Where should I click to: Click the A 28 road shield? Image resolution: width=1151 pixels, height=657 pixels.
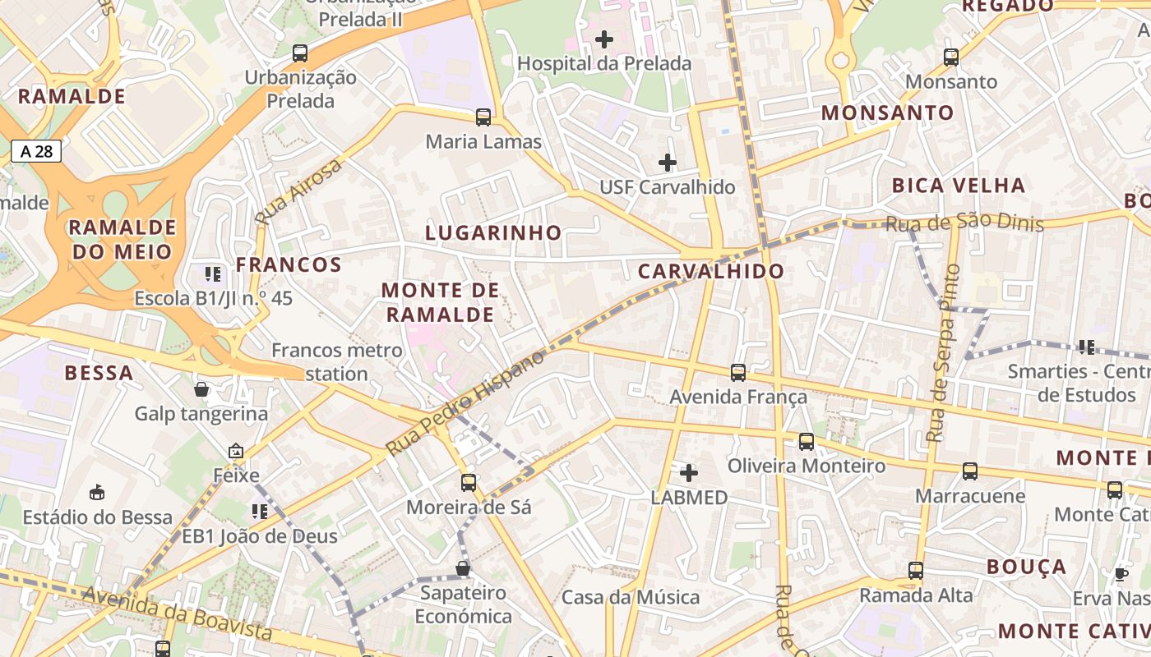(x=36, y=150)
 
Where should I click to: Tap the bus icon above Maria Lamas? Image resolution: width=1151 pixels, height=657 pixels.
(x=483, y=117)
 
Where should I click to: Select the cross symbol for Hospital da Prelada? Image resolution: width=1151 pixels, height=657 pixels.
(x=604, y=39)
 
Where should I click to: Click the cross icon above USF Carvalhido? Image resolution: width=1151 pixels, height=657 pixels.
(x=668, y=163)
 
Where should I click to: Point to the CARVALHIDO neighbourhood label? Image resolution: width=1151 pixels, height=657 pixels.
(x=711, y=271)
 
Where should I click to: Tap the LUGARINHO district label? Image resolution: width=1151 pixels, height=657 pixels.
(x=493, y=232)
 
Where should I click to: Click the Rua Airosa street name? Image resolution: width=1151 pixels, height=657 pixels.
(x=298, y=193)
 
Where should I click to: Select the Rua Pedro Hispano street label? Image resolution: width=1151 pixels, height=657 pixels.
(x=465, y=403)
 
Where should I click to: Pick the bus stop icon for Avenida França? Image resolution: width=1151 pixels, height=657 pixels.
(x=738, y=373)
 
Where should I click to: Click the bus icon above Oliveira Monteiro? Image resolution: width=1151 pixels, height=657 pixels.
(x=807, y=442)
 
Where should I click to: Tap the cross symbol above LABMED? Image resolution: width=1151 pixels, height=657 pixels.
(x=689, y=473)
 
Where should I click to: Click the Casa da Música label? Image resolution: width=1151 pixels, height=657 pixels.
(x=631, y=597)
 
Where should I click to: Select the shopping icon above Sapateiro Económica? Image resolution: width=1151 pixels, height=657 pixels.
(x=463, y=568)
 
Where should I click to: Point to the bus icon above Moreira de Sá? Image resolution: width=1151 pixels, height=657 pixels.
(x=469, y=483)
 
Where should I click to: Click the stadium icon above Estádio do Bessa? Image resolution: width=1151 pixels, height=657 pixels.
(x=97, y=493)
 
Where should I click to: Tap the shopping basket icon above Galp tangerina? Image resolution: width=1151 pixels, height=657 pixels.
(x=201, y=389)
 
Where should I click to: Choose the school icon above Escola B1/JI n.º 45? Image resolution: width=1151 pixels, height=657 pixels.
(x=213, y=274)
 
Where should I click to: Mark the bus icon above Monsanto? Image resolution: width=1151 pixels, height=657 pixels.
(x=951, y=57)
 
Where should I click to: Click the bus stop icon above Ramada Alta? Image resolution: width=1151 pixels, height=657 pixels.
(x=916, y=571)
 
